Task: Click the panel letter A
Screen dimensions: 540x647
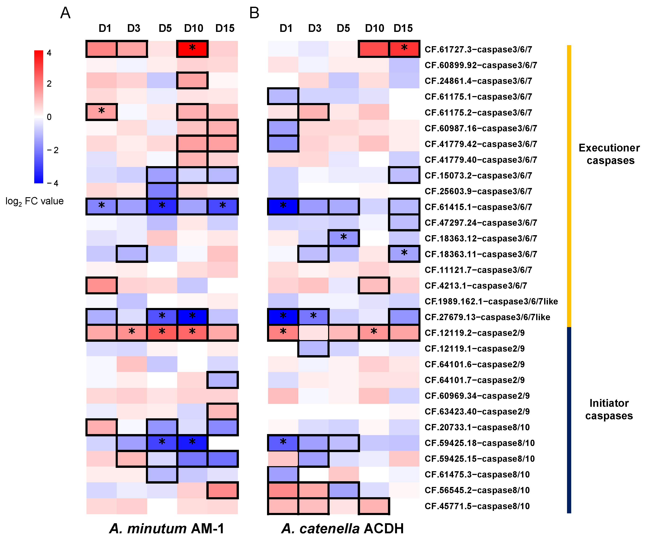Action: click(x=65, y=13)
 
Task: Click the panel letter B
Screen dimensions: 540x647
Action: click(x=254, y=13)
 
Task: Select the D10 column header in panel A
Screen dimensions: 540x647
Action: click(x=194, y=28)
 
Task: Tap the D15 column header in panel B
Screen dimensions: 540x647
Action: click(x=403, y=28)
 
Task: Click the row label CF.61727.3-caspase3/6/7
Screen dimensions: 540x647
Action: click(x=478, y=49)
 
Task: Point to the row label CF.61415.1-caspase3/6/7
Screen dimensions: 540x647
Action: click(x=478, y=207)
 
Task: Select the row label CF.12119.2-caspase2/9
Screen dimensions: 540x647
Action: click(x=474, y=333)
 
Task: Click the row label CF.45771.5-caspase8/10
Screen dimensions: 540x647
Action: click(x=477, y=506)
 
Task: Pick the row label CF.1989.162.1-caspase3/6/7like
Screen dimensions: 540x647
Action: click(x=491, y=301)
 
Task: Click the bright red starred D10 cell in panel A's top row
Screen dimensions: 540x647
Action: click(x=192, y=49)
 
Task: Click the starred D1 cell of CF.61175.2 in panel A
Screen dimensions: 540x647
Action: click(x=102, y=112)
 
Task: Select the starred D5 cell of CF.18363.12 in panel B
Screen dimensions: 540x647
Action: click(x=343, y=238)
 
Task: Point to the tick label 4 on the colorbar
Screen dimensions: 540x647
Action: click(x=49, y=53)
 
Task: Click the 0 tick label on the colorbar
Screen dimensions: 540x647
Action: click(x=49, y=117)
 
